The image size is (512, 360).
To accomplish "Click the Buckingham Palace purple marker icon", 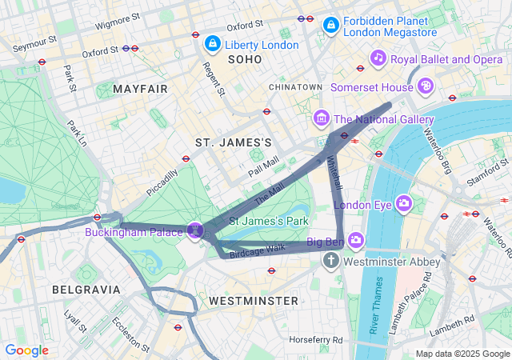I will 193,231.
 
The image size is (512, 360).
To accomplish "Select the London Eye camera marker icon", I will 403,204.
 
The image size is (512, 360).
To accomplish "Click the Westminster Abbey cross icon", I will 332,262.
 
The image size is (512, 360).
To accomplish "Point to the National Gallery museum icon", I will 322,119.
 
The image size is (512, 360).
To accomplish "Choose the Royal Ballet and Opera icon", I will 378,58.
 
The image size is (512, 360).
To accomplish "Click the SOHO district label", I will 244,59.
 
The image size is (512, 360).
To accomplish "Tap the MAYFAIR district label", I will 141,89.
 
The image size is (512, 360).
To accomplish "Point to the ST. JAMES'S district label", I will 234,142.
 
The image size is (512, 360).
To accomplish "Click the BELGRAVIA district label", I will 86,289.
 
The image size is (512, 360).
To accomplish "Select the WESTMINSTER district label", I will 253,300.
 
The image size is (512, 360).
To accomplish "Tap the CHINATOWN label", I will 295,86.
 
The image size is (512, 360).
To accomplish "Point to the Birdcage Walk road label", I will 258,249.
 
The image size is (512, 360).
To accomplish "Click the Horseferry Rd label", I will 316,339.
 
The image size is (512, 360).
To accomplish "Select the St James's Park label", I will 269,220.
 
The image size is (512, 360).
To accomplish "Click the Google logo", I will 26,350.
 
